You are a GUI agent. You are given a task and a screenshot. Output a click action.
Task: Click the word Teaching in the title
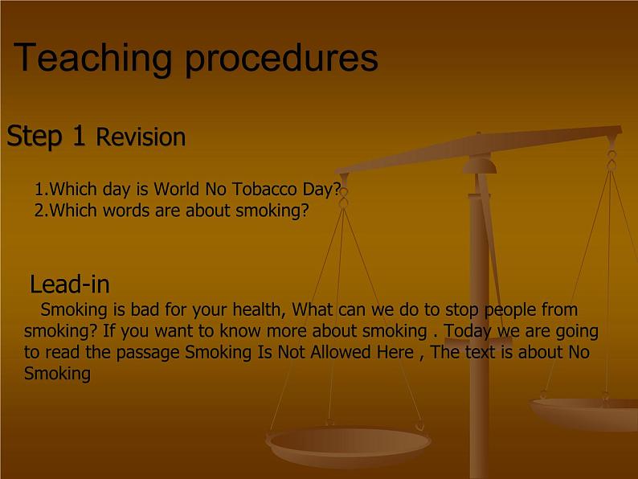[x=92, y=58]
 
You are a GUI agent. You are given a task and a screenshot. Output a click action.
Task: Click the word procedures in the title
[x=281, y=58]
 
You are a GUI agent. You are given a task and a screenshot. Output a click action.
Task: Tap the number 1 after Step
[x=79, y=136]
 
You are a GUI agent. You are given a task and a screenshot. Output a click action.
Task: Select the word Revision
[x=141, y=137]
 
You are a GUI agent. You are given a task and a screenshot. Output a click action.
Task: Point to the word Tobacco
[x=264, y=189]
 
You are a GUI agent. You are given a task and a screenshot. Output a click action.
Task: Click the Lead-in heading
[x=70, y=284]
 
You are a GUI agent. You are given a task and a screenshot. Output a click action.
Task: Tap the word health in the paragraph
[x=259, y=309]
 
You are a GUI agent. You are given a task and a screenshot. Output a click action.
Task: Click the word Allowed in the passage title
[x=341, y=352]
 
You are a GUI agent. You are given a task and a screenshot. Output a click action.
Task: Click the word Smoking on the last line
[x=57, y=374]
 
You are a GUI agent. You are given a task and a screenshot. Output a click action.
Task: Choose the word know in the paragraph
[x=239, y=331]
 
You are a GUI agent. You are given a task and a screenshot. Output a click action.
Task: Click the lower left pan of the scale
[x=348, y=446]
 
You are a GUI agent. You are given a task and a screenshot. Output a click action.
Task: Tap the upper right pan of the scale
[x=584, y=414]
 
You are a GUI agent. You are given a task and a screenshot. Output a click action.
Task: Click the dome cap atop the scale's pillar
[x=481, y=165]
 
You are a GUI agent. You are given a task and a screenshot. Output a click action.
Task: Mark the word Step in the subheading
[x=35, y=137]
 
